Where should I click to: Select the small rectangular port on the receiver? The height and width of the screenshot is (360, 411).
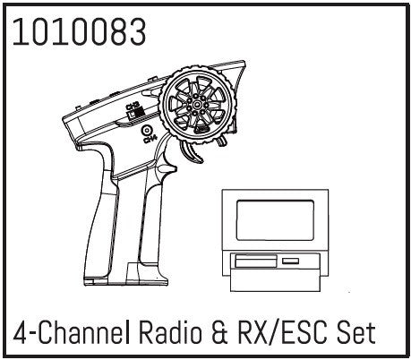[290, 261]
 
